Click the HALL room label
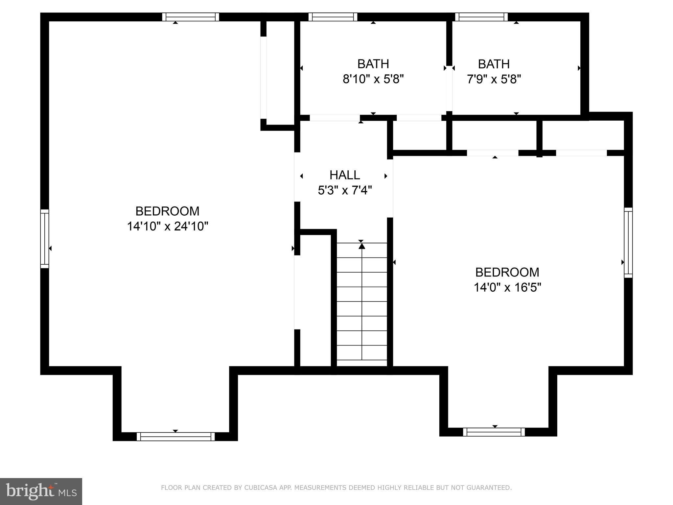coord(345,175)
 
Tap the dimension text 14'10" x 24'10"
coord(168,226)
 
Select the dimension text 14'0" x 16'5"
coord(507,287)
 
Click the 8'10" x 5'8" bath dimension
coord(373,79)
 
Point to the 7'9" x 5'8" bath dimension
coord(494,79)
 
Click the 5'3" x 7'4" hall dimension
coord(345,190)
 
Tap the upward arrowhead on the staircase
coord(362,246)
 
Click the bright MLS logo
coord(41,491)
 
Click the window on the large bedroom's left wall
coord(45,239)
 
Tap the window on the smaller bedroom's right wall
coord(628,243)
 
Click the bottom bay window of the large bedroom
coord(175,436)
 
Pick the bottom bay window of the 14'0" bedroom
coord(494,432)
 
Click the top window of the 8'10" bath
coord(333,17)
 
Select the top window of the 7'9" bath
coord(481,17)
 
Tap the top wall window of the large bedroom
coord(191,17)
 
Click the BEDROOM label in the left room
coord(168,211)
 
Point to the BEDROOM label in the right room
coord(507,272)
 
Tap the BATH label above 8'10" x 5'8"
coord(373,64)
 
